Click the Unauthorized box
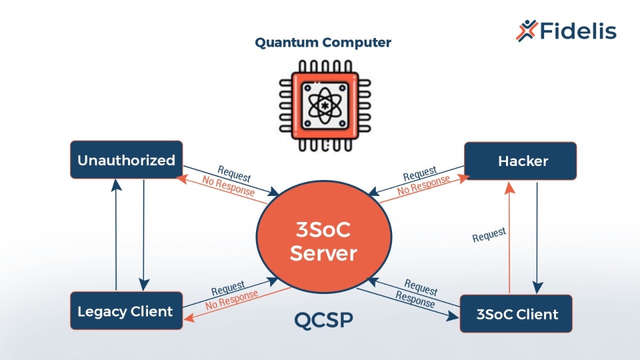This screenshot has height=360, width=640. pos(126,160)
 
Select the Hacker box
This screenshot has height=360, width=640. pos(520,161)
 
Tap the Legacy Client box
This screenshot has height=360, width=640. pos(126,311)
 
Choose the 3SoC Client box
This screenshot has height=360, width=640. pos(516,314)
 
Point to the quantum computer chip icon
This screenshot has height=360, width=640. pos(325,105)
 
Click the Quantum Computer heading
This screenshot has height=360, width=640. pos(323,43)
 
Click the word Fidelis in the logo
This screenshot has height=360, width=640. pos(578,31)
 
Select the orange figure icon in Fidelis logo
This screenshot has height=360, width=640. pos(526,30)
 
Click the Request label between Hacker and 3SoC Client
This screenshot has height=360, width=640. pos(489,234)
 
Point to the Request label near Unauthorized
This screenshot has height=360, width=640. pos(234,173)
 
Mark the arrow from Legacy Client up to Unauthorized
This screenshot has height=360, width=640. pos(116,235)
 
